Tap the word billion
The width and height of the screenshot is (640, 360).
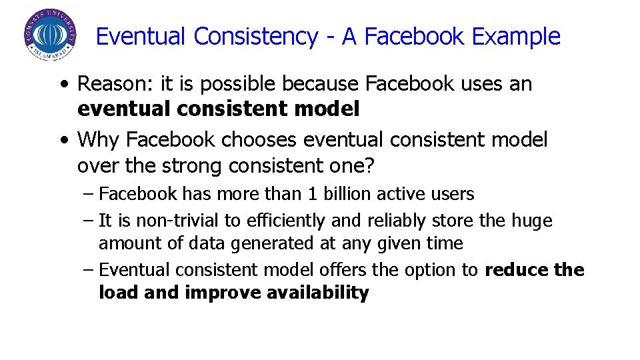[x=347, y=194]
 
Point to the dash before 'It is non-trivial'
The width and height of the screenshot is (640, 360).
[x=89, y=220]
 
